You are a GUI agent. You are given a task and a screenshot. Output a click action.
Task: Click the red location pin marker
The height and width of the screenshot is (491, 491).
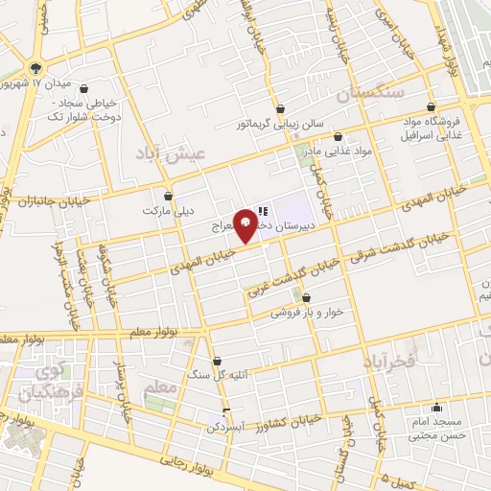[x=246, y=224]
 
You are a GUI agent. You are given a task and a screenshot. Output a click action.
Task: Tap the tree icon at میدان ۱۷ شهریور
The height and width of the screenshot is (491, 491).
[x=35, y=67]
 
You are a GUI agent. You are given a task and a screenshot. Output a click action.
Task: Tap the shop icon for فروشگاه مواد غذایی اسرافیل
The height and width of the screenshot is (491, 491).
[x=431, y=106]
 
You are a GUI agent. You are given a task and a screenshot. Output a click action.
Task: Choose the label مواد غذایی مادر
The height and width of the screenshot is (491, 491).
[x=336, y=152]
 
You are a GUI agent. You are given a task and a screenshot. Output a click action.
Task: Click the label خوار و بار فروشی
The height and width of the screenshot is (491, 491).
[x=302, y=313]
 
